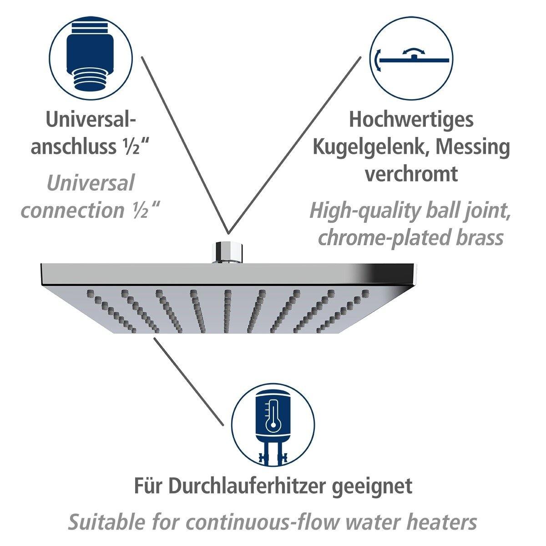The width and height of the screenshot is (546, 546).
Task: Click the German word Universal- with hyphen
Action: [91, 119]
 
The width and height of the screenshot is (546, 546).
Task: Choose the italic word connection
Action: [73, 211]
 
